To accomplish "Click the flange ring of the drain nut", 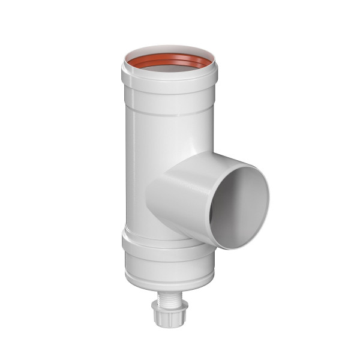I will (x=165, y=307).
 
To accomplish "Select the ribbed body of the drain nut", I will (x=165, y=316).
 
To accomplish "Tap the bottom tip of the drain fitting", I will (x=165, y=325).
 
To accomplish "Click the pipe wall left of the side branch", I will (x=138, y=192).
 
